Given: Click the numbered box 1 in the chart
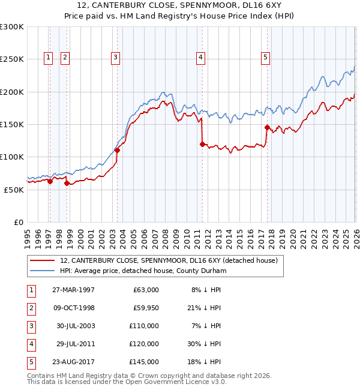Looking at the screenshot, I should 48,58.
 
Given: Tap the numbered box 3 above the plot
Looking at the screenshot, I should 115,58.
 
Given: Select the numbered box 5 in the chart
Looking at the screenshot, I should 265,58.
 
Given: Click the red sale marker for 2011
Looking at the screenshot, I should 202,144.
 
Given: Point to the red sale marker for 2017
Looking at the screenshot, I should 266,127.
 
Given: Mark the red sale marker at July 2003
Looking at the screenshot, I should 118,151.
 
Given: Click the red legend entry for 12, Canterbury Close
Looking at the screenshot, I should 168,261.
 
